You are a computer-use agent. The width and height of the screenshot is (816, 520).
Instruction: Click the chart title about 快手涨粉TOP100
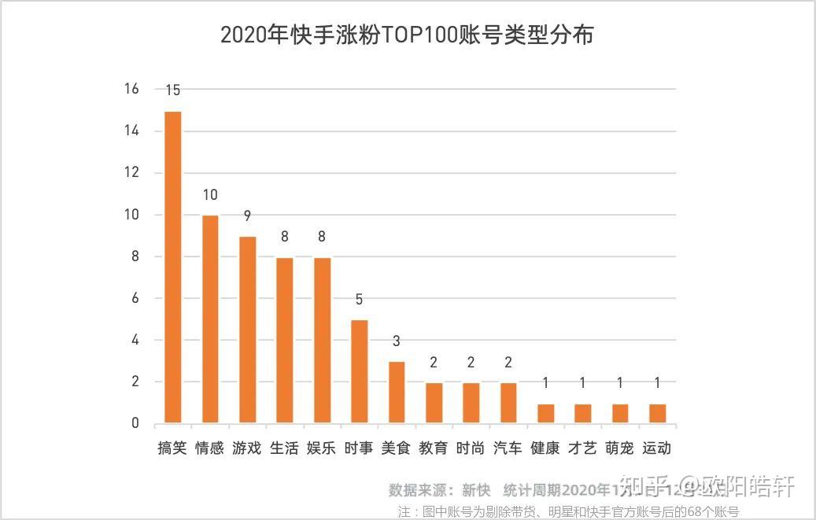(407, 35)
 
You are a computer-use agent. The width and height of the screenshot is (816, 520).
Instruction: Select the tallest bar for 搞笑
(172, 267)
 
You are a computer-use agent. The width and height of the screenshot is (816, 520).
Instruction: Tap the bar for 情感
(210, 319)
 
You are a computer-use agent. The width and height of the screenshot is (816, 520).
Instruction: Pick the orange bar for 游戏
(247, 329)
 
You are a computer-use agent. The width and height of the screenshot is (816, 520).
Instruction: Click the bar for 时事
(359, 371)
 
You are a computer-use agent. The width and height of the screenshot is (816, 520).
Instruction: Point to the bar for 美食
(397, 392)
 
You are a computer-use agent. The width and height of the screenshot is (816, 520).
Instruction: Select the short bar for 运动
(657, 413)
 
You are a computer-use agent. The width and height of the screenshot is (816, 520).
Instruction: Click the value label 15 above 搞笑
(172, 90)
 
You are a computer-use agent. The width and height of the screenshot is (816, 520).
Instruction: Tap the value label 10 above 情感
(210, 194)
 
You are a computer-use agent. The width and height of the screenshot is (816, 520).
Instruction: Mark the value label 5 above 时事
(359, 300)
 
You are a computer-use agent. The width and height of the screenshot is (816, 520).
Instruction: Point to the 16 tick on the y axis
(131, 89)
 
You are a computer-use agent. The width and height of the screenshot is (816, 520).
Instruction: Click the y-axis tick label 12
(131, 172)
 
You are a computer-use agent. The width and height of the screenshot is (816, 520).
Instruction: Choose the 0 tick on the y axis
(135, 423)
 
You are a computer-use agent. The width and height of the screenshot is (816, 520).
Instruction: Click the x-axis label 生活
(284, 448)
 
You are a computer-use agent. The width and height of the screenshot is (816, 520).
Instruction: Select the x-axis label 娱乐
(321, 448)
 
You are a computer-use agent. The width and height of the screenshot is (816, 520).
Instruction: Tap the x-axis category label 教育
(433, 448)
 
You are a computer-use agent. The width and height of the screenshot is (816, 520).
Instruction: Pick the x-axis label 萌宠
(619, 448)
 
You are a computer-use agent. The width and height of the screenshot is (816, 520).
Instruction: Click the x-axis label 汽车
(508, 448)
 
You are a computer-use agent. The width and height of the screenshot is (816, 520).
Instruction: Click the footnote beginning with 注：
(568, 511)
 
